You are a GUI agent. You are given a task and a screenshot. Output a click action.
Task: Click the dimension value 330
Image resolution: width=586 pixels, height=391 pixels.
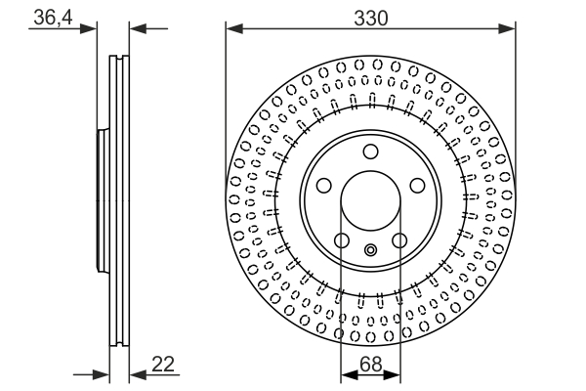[x=370, y=17]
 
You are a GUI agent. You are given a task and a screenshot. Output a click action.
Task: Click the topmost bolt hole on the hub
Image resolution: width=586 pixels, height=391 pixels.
[x=370, y=152]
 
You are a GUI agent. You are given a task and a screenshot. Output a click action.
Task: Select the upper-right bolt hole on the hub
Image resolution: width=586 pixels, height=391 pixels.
[x=417, y=186]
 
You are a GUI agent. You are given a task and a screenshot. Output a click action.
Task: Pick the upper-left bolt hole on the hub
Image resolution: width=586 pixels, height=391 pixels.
[x=323, y=186]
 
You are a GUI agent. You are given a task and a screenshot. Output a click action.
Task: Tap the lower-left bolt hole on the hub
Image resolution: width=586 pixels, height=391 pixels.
[x=341, y=240]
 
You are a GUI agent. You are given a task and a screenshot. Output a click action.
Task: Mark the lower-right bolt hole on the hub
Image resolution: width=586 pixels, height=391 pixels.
[x=399, y=240]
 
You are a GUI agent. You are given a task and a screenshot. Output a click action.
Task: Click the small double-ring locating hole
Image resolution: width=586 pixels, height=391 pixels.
[x=370, y=250]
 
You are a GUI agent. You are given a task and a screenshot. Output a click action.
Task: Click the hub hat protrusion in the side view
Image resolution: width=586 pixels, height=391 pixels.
[x=101, y=201]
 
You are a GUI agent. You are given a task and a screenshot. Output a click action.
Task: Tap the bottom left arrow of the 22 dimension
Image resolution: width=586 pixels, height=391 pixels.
[x=101, y=373]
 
